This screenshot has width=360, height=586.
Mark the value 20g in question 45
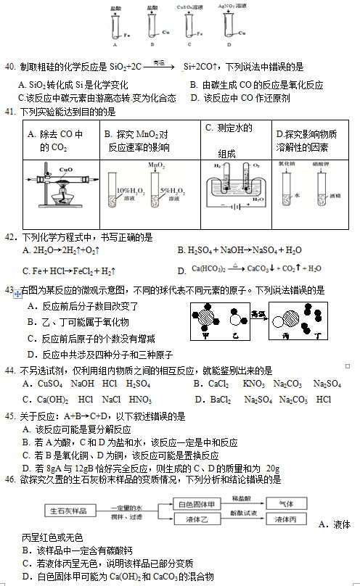273,468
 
